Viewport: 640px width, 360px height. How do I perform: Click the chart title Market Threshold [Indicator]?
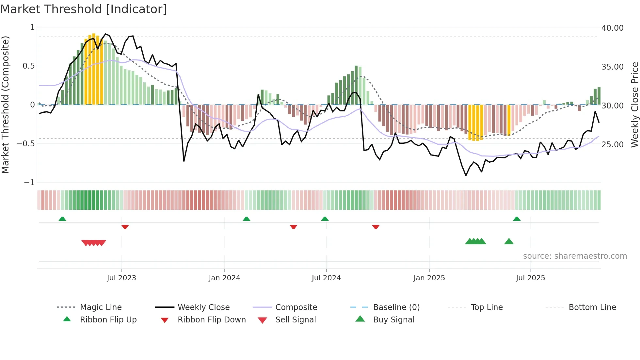(84, 9)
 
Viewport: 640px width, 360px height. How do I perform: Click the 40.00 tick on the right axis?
(612, 28)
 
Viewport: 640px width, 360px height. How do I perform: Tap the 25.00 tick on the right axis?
(612, 144)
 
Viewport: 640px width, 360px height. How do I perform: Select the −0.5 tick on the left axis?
(25, 144)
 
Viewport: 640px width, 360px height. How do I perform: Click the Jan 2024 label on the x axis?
(224, 278)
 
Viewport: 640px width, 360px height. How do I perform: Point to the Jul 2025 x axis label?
(530, 278)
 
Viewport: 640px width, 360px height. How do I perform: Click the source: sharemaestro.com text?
(575, 256)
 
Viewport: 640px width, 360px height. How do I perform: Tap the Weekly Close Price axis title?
(634, 105)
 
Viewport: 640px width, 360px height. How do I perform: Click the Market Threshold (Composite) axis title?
(5, 105)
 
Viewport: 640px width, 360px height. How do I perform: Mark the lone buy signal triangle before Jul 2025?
(509, 241)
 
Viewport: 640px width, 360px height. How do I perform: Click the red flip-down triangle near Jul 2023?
(125, 227)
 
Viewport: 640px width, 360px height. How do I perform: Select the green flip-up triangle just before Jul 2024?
(325, 219)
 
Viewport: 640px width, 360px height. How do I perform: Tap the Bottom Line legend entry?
(592, 307)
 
